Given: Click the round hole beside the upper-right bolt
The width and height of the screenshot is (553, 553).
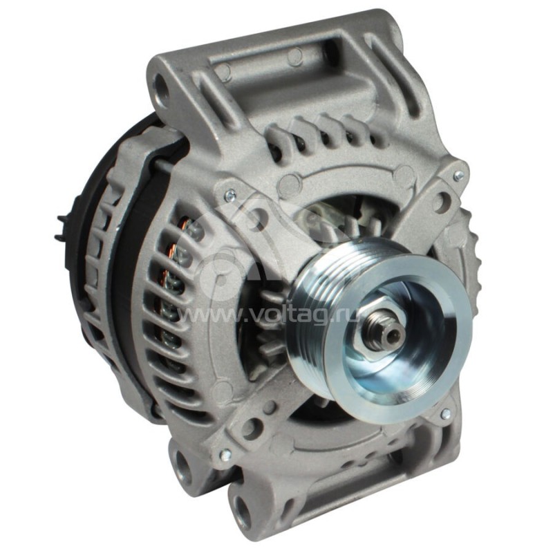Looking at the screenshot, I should tap(442, 200).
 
